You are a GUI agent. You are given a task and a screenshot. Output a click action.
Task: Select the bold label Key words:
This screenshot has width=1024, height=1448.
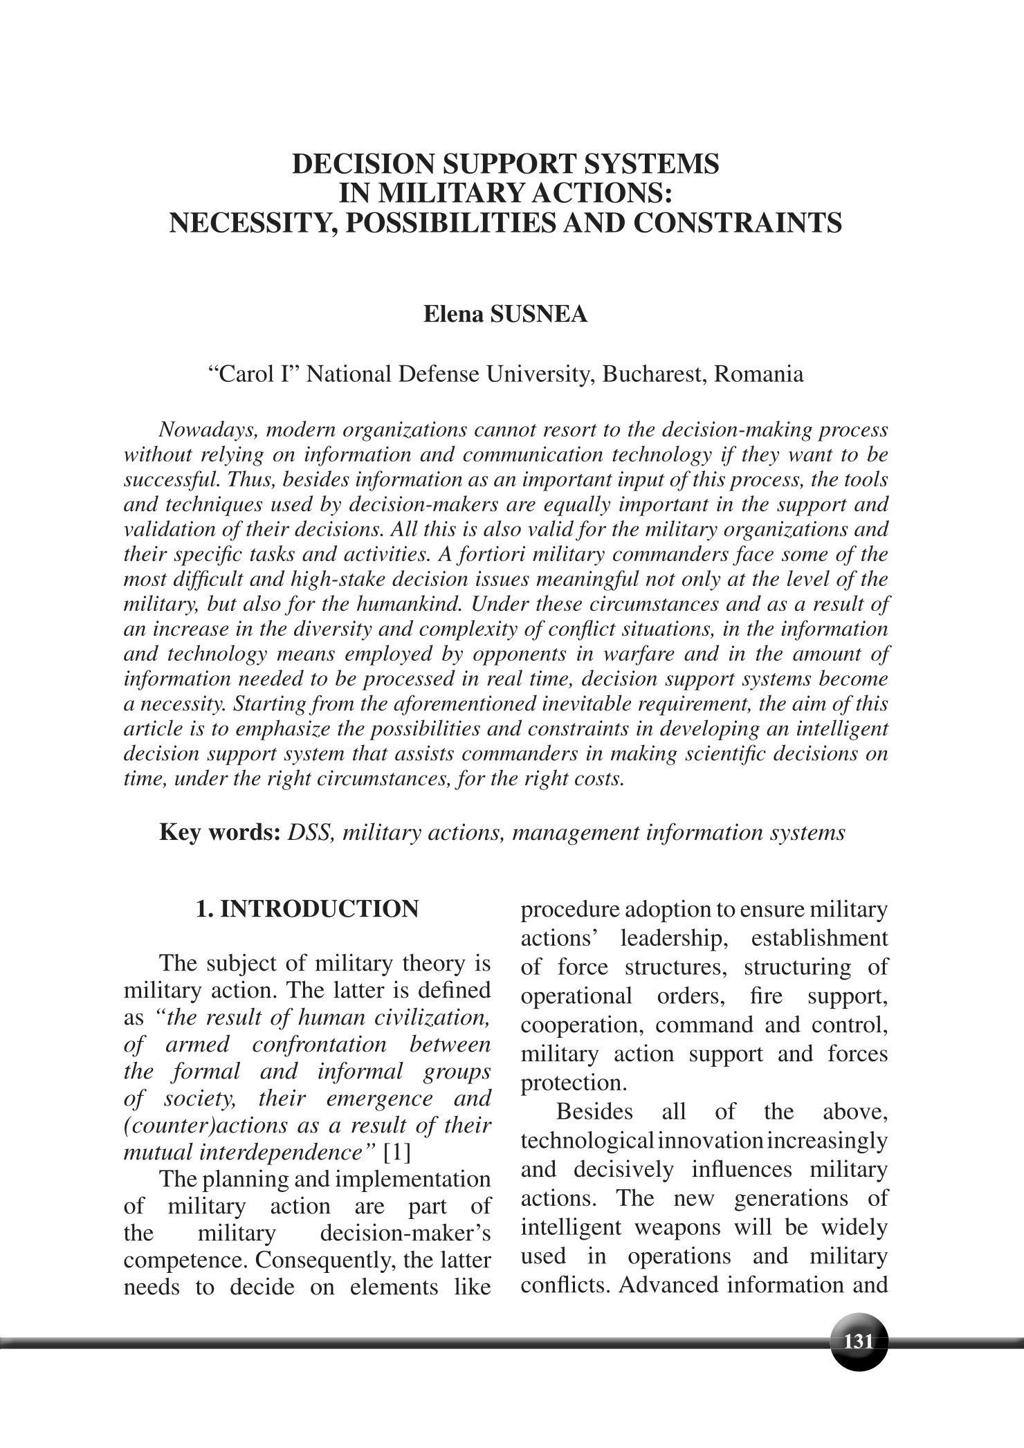pos(219,832)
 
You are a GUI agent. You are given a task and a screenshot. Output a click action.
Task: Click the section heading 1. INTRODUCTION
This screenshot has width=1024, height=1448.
pos(307,908)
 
